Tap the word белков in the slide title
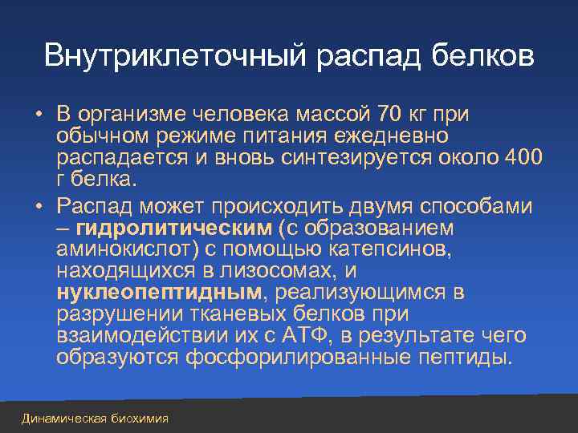tap(478, 55)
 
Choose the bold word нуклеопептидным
tap(160, 291)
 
